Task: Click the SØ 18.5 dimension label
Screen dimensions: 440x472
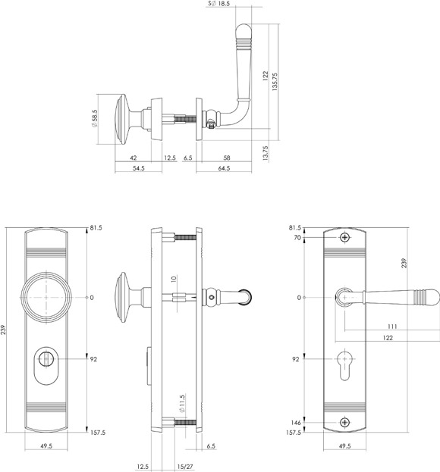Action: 219,4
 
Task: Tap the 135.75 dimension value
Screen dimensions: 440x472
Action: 275,82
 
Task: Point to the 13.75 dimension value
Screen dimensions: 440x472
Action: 266,153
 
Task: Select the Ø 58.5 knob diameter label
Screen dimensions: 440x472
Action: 96,118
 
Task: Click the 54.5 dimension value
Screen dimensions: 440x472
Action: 139,168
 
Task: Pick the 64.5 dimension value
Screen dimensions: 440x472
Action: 224,168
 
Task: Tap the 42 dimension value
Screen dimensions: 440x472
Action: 133,158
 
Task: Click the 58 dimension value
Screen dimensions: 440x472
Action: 227,158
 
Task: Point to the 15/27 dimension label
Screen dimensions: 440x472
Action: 185,467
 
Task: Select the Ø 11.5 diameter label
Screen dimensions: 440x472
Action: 182,403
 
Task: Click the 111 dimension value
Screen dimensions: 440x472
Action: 392,327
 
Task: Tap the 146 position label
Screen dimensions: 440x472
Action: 296,422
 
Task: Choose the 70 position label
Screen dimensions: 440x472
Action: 297,237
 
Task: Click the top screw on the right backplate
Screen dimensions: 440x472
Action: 344,237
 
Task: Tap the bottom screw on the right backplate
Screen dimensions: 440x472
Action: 344,422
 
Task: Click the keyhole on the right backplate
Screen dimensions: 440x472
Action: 344,365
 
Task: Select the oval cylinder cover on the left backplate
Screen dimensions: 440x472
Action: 46,366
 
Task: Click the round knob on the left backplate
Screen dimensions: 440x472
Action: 46,298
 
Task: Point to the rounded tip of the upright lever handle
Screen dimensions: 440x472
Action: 244,30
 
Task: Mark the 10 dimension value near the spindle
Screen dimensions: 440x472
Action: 173,279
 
